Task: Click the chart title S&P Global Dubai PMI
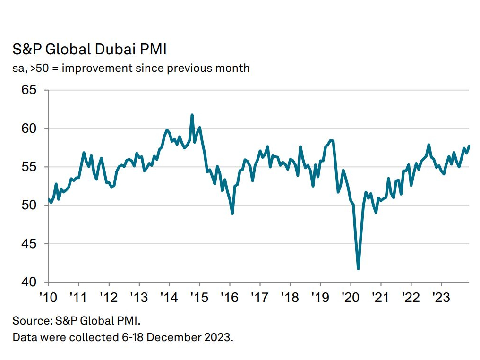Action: tap(89, 50)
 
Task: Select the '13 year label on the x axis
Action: tap(139, 299)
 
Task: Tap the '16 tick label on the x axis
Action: tap(229, 299)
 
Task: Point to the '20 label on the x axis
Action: tap(350, 299)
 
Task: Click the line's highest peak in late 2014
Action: tap(192, 115)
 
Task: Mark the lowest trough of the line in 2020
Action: tap(358, 268)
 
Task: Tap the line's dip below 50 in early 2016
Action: tap(232, 213)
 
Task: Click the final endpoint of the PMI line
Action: tap(469, 146)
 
